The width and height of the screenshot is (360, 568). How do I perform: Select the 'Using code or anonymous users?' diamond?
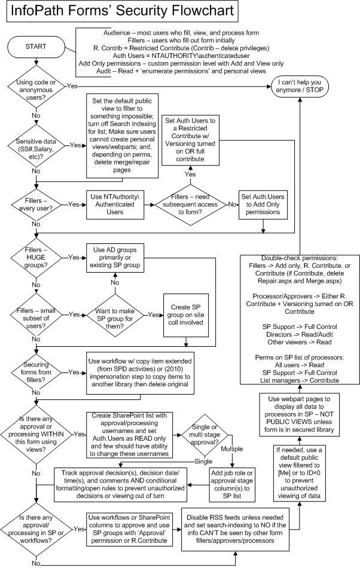coord(36,86)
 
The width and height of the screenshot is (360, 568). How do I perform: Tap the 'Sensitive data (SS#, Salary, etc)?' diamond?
coord(36,144)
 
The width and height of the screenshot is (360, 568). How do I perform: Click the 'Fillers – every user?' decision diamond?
coord(36,204)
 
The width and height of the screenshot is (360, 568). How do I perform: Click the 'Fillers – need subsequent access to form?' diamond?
coord(191,204)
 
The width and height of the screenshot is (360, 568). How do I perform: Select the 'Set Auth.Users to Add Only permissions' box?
coord(263,204)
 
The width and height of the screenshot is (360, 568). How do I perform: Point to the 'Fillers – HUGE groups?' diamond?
coord(36,258)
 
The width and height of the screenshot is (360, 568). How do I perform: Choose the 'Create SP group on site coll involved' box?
coord(188,314)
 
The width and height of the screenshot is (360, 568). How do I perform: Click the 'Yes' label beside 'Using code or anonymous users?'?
coord(72,85)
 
